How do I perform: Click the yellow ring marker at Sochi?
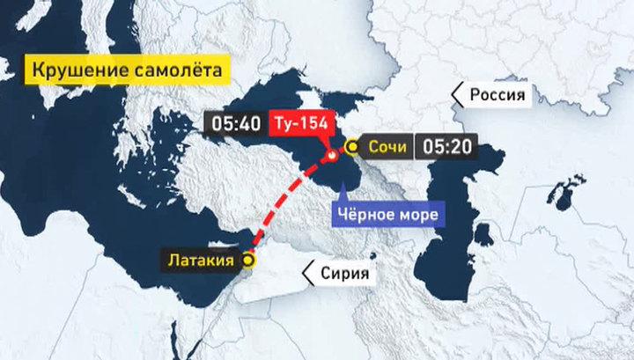pyautogui.click(x=350, y=147)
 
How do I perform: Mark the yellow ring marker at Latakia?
pyautogui.click(x=248, y=260)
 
